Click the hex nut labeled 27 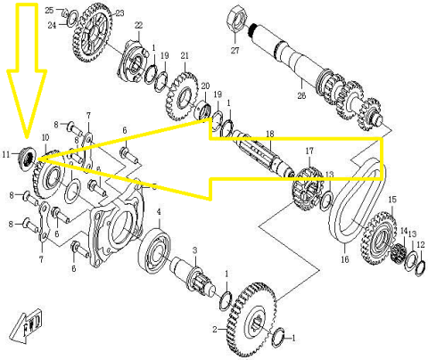pos(236,14)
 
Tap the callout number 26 pos(301,96)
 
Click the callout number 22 pos(138,24)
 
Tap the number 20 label pos(204,86)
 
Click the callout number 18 pos(269,135)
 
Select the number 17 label pos(309,151)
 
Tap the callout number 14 pos(403,232)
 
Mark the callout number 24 pos(52,25)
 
